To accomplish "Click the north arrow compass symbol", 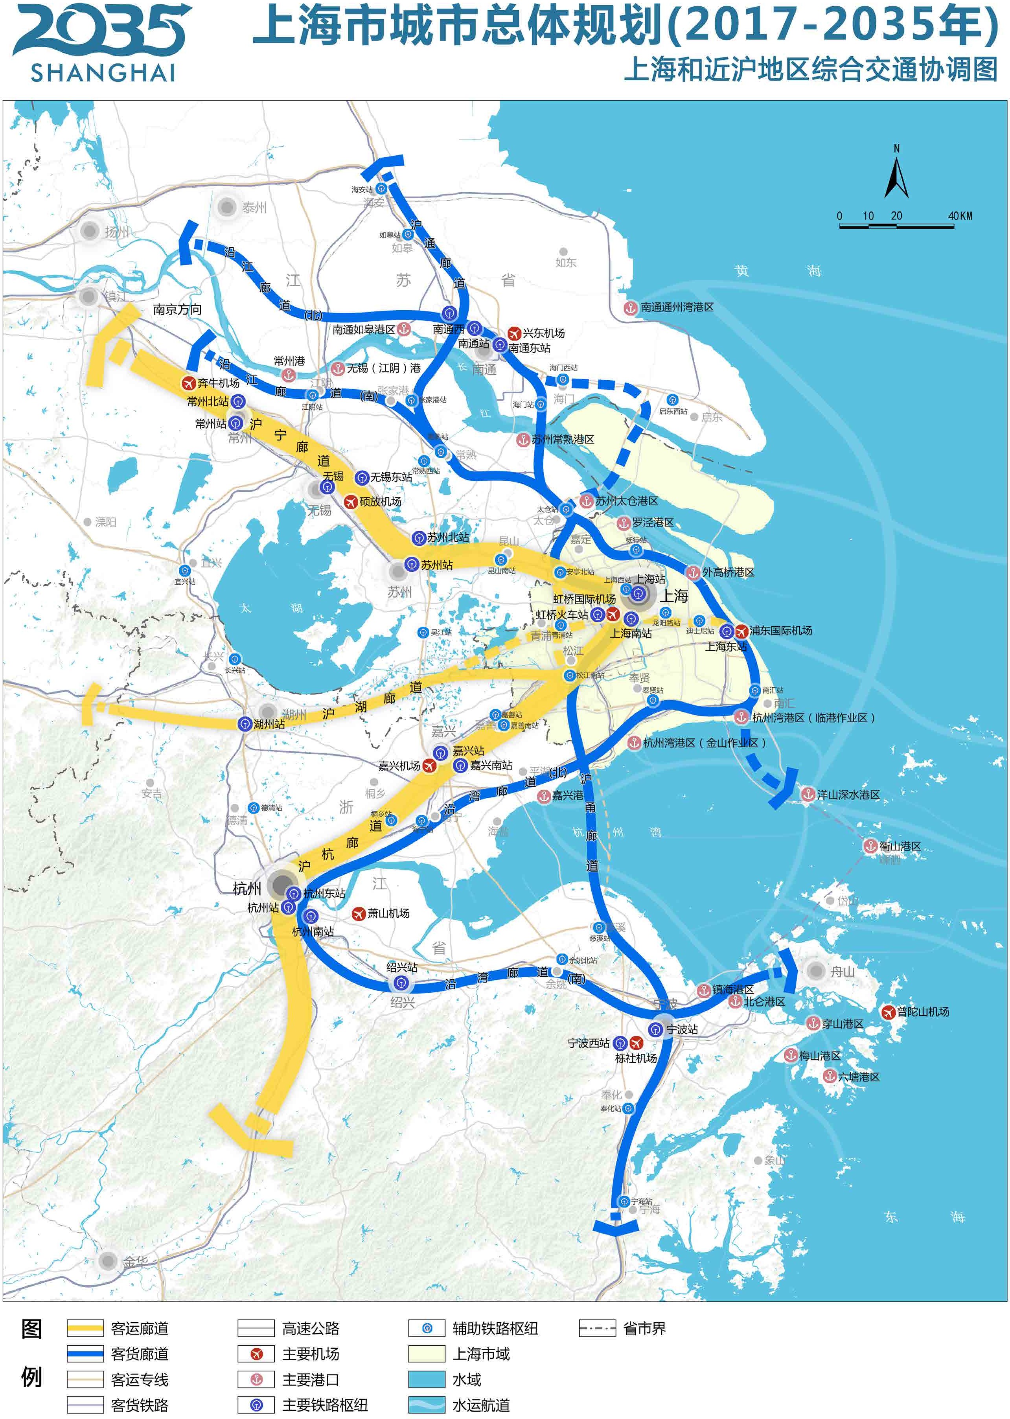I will (x=896, y=177).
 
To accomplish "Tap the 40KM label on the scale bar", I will (x=960, y=216).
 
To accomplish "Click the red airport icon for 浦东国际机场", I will (x=741, y=631).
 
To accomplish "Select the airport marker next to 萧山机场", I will (x=358, y=913).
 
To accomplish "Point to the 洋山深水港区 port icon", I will (x=807, y=794).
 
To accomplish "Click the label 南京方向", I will (x=177, y=309).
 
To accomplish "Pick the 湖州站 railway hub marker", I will (x=245, y=724).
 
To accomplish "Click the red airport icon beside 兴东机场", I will (x=514, y=333).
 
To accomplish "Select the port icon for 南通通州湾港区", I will (x=631, y=307).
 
